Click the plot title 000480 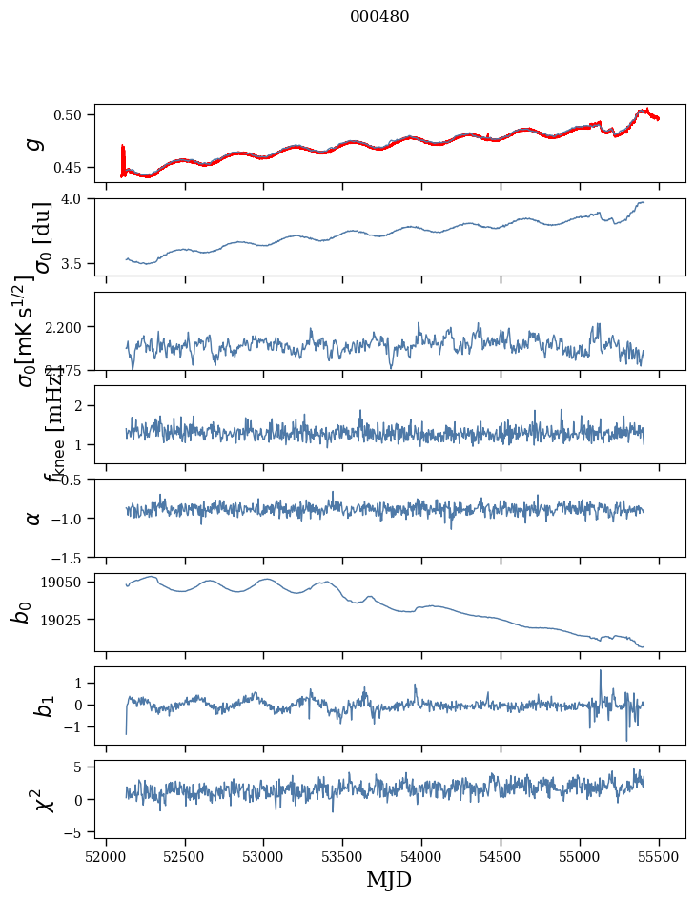pyautogui.click(x=379, y=17)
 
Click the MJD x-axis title pyautogui.click(x=389, y=879)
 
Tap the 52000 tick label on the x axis pyautogui.click(x=106, y=855)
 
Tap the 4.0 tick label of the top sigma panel pyautogui.click(x=77, y=198)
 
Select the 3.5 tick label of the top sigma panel pyautogui.click(x=77, y=263)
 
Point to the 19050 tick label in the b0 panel pyautogui.click(x=66, y=583)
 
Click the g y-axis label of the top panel pyautogui.click(x=34, y=143)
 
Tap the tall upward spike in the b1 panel pyautogui.click(x=601, y=671)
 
